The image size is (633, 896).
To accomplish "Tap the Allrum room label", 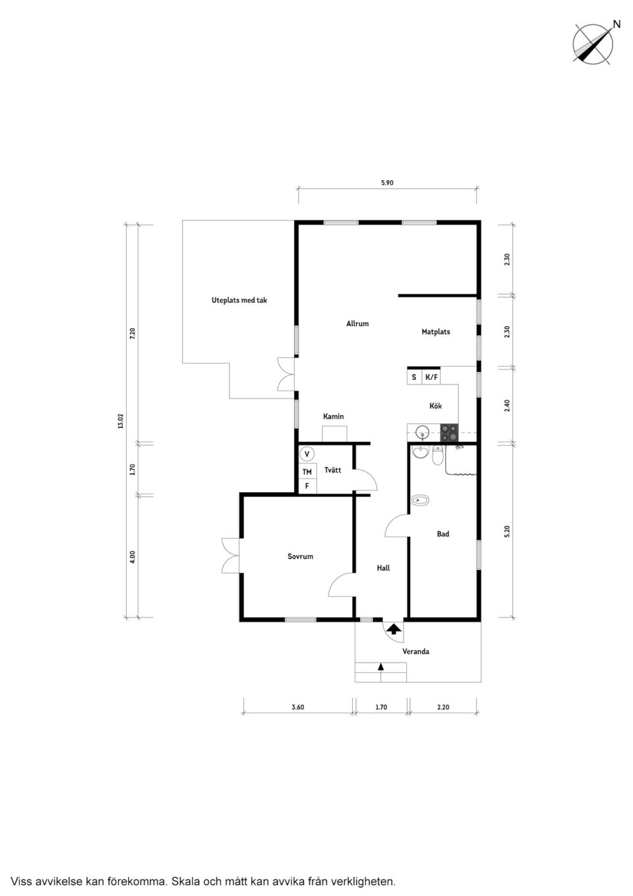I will (357, 324).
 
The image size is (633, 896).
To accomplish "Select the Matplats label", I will (436, 332).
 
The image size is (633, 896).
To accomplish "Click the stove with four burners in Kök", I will (450, 433).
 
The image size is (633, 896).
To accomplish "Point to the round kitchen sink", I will (423, 433).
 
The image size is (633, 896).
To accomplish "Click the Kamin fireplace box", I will (334, 433).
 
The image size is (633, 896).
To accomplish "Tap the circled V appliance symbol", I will (307, 455).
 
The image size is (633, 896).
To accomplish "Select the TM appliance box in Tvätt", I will (307, 472).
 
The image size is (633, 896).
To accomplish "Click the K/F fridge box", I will (432, 377).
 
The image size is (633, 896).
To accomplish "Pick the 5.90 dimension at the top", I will (387, 183).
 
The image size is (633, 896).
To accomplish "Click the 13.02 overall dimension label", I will (121, 421).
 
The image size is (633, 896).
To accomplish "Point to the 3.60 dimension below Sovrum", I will (298, 707).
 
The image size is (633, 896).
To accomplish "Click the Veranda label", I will (415, 652).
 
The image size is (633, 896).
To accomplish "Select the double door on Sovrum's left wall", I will (231, 555).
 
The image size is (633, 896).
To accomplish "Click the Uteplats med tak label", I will (239, 300).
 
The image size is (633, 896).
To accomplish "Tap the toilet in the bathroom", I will (438, 455).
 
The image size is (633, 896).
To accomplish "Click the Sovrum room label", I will (300, 557).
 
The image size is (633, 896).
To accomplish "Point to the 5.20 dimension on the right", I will (507, 531).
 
